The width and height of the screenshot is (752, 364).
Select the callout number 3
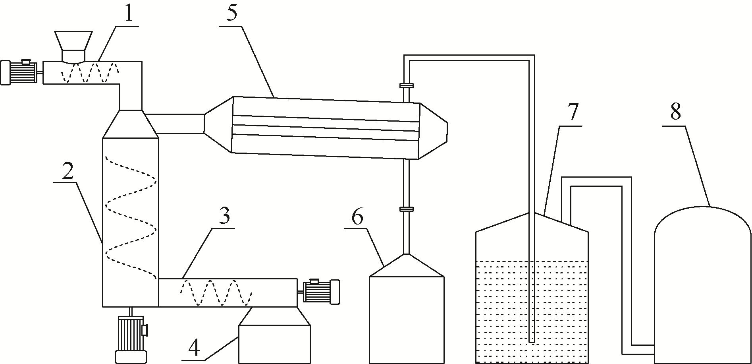point(224,217)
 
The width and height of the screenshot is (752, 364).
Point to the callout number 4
point(194,348)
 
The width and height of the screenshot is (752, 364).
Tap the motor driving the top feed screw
point(20,72)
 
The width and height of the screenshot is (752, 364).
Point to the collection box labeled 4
point(274,336)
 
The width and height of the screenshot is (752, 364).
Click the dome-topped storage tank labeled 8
point(703,285)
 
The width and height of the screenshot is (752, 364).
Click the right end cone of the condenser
point(433,130)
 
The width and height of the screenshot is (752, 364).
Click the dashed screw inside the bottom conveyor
point(217,293)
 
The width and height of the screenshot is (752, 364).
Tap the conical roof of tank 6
point(407,265)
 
